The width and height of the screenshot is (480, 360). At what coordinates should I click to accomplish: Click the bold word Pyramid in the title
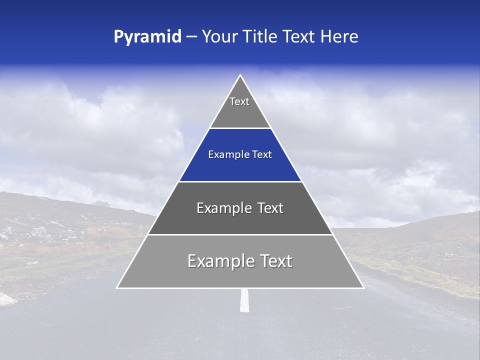pos(147,36)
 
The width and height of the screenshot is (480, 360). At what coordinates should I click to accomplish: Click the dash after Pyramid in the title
pos(191,37)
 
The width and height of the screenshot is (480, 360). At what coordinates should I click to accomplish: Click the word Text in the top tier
pos(239,101)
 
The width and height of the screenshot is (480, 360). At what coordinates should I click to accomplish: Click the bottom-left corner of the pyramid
pos(117,287)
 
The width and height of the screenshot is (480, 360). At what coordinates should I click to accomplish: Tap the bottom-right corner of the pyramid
pos(363,287)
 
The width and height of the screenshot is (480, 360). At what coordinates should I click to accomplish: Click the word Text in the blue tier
pos(262,154)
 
